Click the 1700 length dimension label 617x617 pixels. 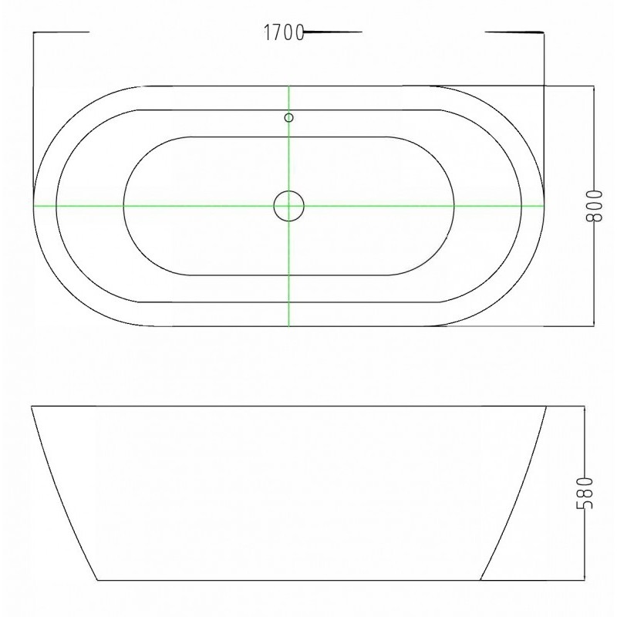tap(283, 32)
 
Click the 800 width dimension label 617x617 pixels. tap(594, 206)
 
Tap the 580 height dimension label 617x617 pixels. tap(585, 493)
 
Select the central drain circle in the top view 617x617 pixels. tap(288, 206)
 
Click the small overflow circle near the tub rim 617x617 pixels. tap(288, 117)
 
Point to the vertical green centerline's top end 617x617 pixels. tap(288, 86)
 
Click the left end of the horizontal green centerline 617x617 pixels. tap(34, 205)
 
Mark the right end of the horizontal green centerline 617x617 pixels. tap(544, 205)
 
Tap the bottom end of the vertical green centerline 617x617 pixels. tap(288, 325)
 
